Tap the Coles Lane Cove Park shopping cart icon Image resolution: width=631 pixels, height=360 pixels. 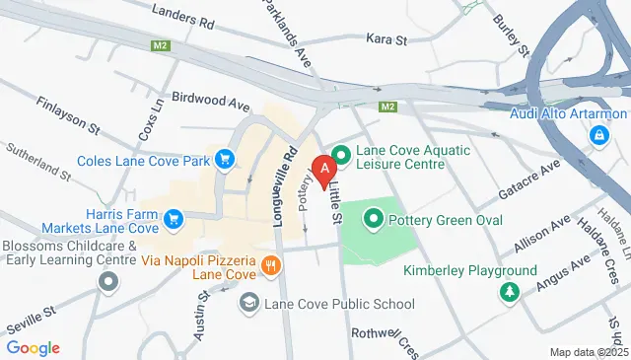tap(226, 158)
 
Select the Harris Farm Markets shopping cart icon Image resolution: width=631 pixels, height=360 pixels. tap(174, 218)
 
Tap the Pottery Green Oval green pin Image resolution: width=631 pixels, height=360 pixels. tap(374, 219)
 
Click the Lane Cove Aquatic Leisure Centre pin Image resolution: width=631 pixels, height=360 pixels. tap(341, 155)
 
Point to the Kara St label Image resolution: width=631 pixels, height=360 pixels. tap(386, 39)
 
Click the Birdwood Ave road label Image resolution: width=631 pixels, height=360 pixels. tap(210, 101)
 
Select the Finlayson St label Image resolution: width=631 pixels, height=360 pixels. tap(68, 114)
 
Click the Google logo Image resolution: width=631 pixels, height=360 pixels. tap(33, 347)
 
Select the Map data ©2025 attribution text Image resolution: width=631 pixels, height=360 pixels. tap(588, 352)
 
